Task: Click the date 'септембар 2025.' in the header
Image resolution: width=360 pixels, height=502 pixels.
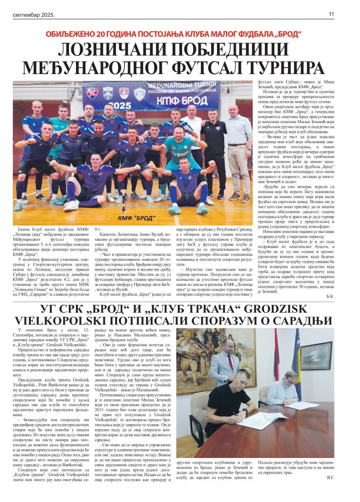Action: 33,15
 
